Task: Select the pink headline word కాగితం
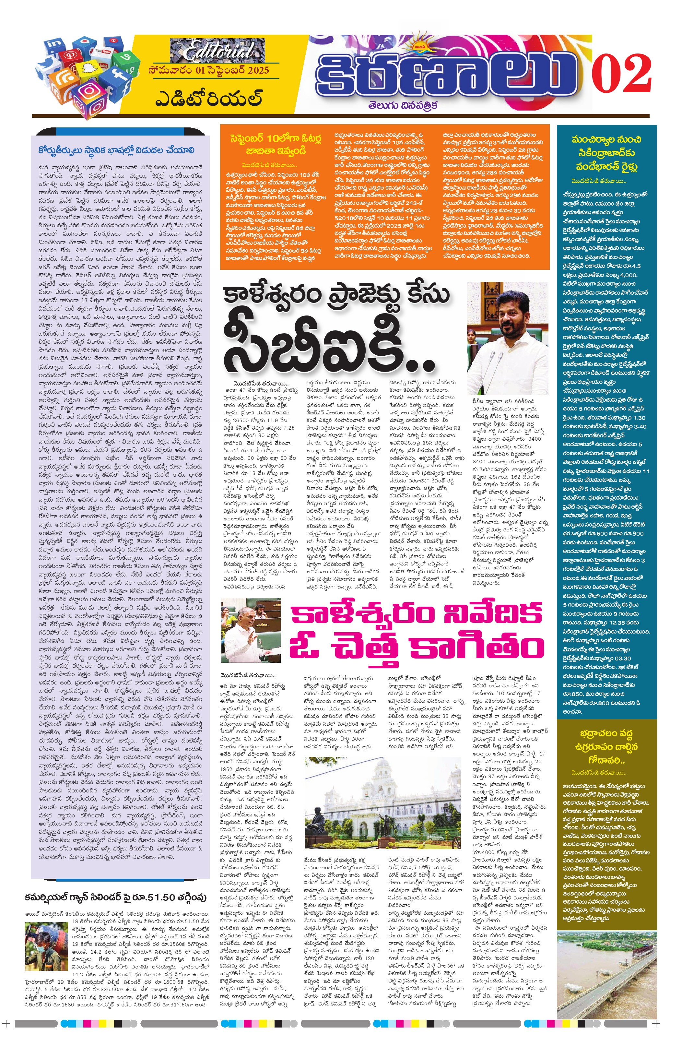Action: [x=476, y=648]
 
